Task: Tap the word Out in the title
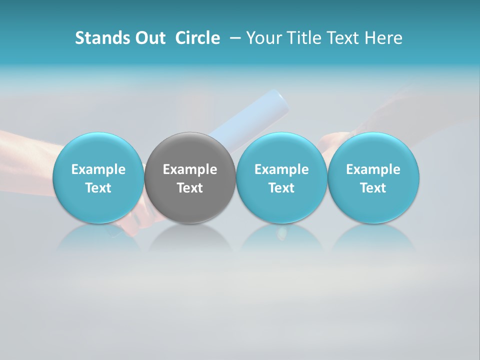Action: tap(149, 38)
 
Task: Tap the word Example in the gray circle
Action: tap(190, 169)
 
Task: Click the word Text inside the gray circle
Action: tap(190, 188)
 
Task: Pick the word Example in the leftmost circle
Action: tap(98, 169)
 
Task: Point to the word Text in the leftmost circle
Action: tap(98, 188)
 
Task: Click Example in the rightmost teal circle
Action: tap(373, 169)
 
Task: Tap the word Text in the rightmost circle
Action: tap(373, 188)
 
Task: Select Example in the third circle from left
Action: tap(281, 169)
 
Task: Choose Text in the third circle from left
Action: tap(281, 188)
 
